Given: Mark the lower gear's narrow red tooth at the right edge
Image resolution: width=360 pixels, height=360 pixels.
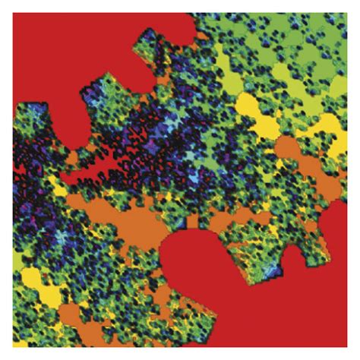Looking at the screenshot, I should coord(334,228).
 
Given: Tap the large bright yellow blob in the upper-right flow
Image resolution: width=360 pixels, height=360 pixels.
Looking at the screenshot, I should coord(251,106).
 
